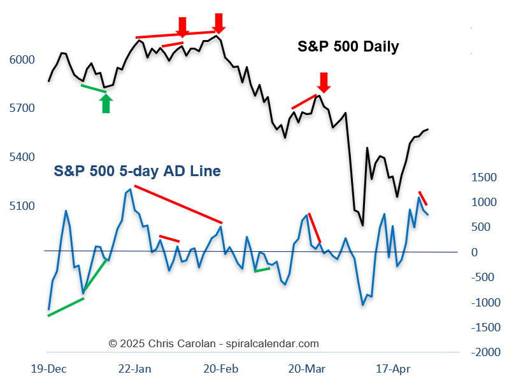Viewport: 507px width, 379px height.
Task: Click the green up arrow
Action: click(106, 104)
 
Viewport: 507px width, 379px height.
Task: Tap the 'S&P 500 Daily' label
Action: click(348, 46)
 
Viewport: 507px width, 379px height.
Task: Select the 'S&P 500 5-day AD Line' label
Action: click(137, 171)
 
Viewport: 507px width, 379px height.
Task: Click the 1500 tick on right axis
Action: click(484, 177)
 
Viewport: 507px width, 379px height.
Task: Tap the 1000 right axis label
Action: click(484, 202)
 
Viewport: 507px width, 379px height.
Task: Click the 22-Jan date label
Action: click(135, 368)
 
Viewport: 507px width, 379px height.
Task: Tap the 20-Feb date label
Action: click(220, 368)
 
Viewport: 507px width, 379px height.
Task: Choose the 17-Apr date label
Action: click(393, 368)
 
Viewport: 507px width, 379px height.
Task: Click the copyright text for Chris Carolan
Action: click(213, 343)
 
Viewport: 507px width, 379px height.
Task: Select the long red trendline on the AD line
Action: click(178, 205)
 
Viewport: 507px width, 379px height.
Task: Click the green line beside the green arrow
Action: click(94, 88)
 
